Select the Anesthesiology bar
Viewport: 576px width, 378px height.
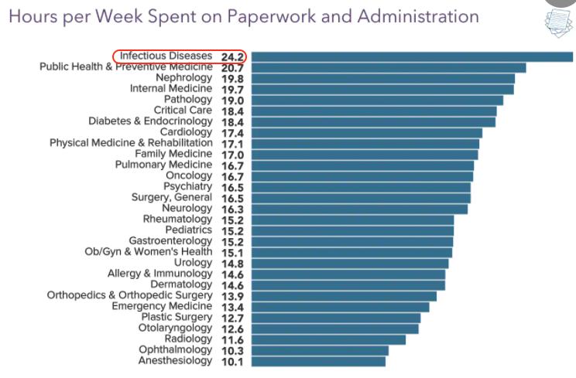click(317, 361)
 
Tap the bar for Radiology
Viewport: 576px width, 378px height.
click(327, 339)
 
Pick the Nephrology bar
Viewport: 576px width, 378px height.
click(382, 78)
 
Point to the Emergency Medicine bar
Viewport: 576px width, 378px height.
click(339, 307)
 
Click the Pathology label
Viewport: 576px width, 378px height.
click(187, 100)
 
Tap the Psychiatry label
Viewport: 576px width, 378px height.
click(187, 186)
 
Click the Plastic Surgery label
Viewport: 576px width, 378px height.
click(176, 317)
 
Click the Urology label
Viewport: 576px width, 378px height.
click(193, 263)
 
